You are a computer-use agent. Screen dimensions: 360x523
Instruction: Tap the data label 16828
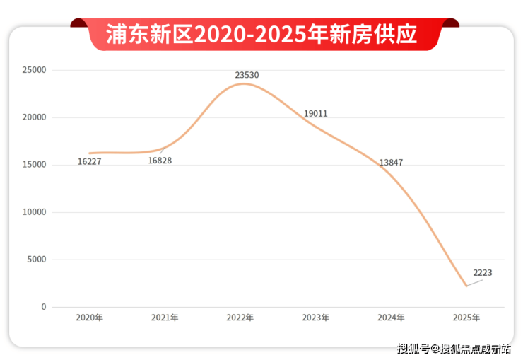pos(160,161)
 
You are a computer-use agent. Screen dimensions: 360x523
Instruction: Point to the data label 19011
pos(315,113)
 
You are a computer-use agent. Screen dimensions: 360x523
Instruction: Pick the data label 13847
pos(391,163)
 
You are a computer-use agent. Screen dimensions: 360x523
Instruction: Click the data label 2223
pos(483,272)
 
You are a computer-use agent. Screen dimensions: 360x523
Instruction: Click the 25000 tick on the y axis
pos(34,70)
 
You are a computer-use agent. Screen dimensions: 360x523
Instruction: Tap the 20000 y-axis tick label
pos(34,117)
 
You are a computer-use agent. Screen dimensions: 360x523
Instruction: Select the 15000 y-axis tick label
pos(34,165)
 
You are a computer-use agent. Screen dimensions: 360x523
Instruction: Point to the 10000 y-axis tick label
pos(34,212)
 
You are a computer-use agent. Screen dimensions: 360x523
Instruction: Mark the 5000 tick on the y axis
pos(36,260)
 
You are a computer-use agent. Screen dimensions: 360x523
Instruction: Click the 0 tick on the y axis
pos(43,307)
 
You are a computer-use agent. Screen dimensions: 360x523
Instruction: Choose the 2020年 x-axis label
pos(90,318)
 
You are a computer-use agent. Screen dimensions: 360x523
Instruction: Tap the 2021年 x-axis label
pos(165,318)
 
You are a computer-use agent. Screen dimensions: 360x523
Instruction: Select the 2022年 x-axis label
pos(240,318)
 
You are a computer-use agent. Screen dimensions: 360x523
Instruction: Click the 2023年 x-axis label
pos(315,318)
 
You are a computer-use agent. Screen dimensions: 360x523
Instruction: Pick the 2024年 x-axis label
pos(391,318)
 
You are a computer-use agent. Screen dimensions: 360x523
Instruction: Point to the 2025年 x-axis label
pos(466,318)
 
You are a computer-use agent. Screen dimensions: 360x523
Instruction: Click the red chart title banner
pos(262,34)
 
